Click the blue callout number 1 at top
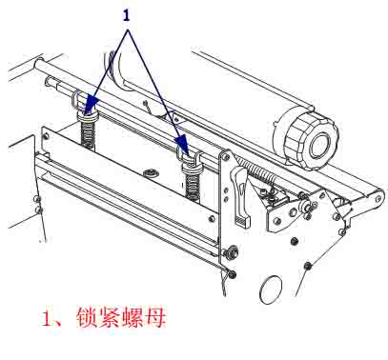[127, 15]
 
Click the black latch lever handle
[241, 196]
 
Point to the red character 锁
[88, 316]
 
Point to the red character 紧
[110, 316]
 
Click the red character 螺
[133, 316]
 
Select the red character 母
[154, 316]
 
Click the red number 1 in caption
[48, 317]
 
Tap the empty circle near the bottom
[271, 290]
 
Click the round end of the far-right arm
[378, 199]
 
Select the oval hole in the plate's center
[150, 172]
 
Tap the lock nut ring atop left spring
[88, 117]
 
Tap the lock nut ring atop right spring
[191, 168]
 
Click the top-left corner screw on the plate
[47, 135]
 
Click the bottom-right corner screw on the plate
[213, 218]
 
